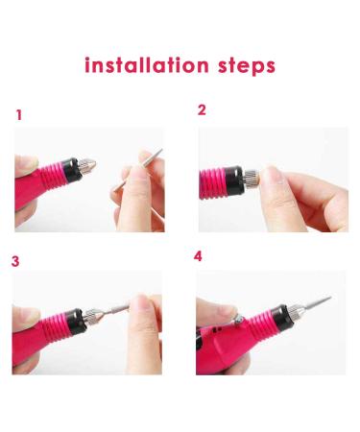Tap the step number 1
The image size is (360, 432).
19,115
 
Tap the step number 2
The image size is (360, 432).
202,109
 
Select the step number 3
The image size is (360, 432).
15,261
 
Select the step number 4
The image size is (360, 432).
198,256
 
